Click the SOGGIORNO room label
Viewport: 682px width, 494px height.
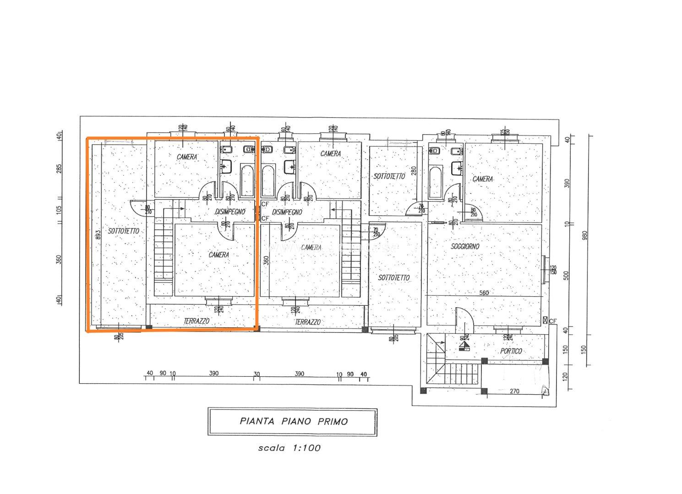coord(465,246)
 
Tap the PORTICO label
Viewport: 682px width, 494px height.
coord(511,351)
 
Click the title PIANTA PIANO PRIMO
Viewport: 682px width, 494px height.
coord(294,421)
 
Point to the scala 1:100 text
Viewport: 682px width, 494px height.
coord(289,448)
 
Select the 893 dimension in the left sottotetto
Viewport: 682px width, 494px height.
coord(98,235)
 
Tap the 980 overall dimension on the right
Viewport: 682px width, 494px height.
coord(584,236)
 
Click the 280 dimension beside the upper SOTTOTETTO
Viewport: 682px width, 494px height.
coord(413,171)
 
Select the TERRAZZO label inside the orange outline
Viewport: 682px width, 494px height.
coord(196,321)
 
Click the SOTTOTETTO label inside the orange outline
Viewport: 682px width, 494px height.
coord(124,231)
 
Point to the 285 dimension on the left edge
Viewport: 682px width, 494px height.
coord(59,169)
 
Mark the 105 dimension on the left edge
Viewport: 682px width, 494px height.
coord(59,210)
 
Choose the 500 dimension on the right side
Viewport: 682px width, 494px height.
coord(566,276)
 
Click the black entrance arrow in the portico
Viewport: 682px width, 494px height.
coord(466,346)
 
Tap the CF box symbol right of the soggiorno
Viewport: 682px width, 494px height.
coord(545,320)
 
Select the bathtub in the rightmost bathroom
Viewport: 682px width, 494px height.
coord(436,183)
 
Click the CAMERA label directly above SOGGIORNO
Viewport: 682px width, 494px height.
coord(483,179)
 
